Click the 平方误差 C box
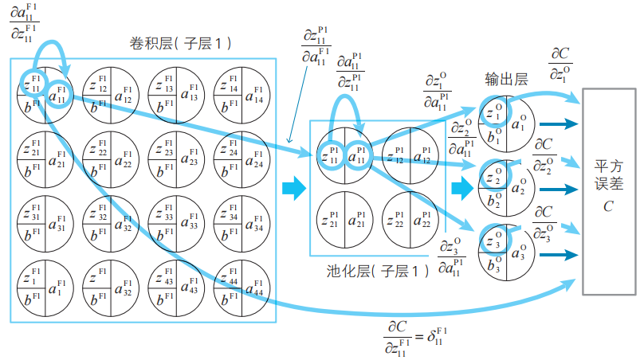coord(610,190)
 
